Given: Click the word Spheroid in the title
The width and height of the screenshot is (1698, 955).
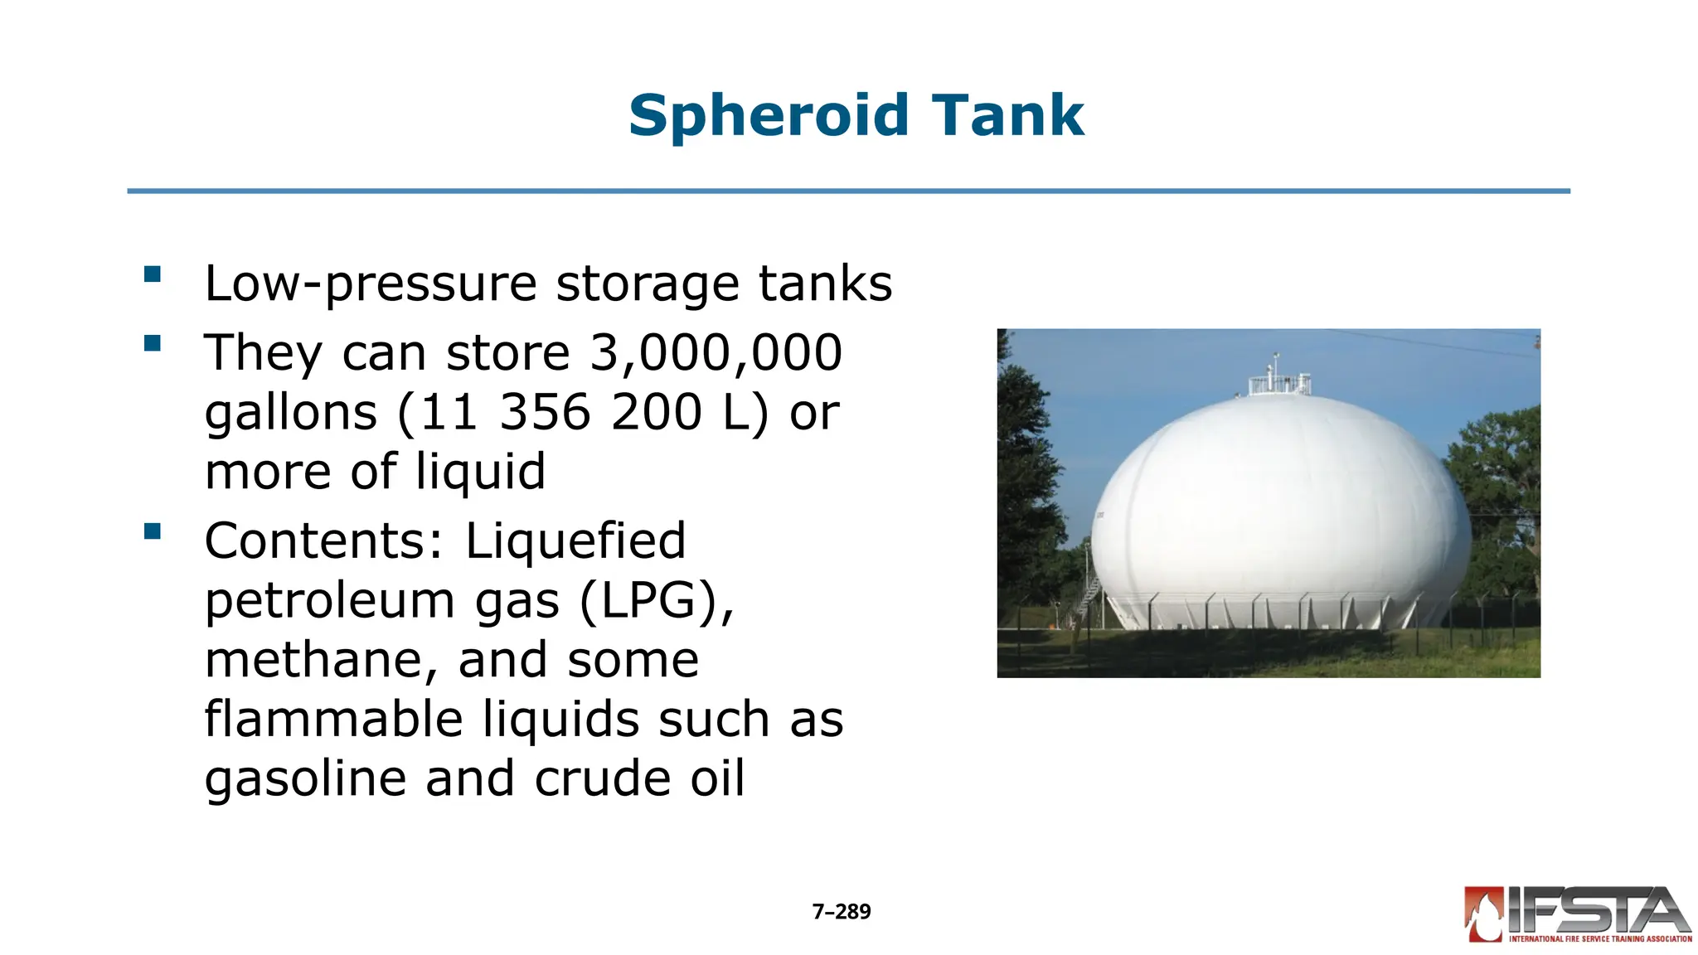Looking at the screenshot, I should pos(769,115).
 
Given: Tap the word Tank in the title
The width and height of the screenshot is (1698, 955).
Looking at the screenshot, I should pos(1007,115).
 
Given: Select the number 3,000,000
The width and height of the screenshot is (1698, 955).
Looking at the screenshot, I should pos(716,352).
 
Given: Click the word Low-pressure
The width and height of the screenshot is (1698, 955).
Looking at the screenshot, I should pos(371,284).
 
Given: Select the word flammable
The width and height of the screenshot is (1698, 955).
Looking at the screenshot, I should pos(333,719).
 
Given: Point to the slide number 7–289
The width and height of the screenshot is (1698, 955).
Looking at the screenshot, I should pos(842,912).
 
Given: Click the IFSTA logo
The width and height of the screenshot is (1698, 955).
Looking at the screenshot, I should pos(1577,915).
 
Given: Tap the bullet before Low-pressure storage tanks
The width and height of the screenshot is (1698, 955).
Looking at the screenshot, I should pos(152,274).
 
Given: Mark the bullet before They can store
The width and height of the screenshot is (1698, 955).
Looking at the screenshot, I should pos(152,343).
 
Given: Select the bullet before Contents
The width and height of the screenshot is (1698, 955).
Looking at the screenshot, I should pos(152,531).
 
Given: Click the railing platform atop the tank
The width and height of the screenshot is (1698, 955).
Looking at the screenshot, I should pos(1280,383).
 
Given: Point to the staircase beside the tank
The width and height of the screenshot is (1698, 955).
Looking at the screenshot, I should pos(1089,593).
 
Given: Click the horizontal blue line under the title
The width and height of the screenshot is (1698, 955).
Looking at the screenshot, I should pos(848,191).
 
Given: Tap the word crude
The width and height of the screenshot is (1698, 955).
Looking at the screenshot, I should pos(603,779).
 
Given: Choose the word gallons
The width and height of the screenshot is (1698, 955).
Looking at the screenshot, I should pos(291,413).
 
